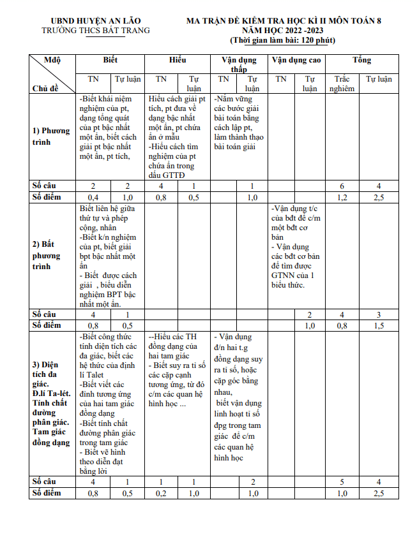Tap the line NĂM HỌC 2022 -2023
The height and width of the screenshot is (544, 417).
point(283,30)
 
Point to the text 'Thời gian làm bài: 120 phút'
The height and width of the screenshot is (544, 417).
point(283,40)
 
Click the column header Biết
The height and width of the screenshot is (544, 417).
point(110,60)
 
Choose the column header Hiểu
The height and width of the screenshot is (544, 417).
point(178,60)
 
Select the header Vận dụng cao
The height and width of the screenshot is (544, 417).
point(296,60)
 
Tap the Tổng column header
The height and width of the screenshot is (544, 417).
point(361,60)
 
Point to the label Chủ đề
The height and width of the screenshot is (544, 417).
point(45,88)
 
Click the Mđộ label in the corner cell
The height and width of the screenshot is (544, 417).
point(52,60)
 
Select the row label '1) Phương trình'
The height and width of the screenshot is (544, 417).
point(51,136)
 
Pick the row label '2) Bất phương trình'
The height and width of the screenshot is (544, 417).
point(47,255)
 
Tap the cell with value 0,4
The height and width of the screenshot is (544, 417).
point(93,197)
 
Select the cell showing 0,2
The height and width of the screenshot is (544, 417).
point(162,493)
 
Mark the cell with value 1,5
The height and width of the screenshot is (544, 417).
point(379,325)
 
